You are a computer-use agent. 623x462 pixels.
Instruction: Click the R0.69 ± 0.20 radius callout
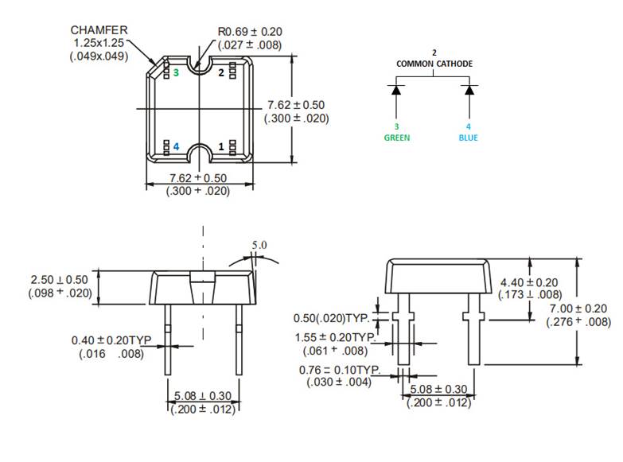click(250, 32)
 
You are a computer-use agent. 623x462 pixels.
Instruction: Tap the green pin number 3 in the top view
click(176, 72)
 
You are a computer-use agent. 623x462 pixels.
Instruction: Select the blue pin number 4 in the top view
click(176, 147)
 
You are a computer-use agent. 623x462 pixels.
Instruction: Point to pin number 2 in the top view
click(221, 72)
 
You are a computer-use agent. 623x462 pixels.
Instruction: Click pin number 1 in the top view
click(221, 147)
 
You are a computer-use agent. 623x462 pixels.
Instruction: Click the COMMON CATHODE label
click(434, 64)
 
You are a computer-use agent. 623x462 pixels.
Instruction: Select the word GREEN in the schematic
click(396, 138)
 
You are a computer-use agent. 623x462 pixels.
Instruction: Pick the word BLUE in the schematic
click(469, 138)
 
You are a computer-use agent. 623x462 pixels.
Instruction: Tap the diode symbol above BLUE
click(469, 89)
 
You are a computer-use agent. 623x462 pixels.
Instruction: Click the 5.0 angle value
click(259, 245)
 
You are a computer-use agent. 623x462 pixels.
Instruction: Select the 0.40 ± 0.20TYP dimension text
click(111, 340)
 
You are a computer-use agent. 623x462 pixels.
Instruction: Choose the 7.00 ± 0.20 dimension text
click(578, 309)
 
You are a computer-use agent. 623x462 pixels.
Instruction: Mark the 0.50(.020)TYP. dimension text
click(337, 318)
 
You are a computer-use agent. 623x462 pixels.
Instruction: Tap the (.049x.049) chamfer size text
click(100, 56)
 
